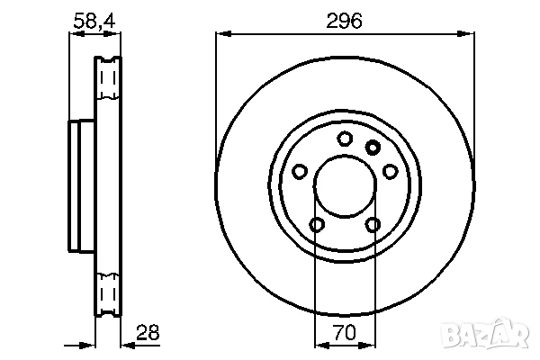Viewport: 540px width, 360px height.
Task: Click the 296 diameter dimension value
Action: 345,21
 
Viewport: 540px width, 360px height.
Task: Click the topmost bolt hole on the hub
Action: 344,139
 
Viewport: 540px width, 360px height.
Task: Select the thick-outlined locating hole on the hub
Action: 373,148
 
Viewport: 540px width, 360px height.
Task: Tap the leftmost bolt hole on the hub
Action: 299,170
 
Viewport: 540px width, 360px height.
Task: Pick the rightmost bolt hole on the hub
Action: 391,170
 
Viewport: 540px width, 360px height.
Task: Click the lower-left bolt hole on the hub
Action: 316,224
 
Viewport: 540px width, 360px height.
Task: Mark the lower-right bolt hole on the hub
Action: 373,224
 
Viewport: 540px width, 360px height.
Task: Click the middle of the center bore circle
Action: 345,187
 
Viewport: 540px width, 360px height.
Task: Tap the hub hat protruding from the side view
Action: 76,187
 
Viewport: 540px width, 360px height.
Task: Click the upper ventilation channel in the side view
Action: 107,85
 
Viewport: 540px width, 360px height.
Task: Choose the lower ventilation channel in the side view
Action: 107,291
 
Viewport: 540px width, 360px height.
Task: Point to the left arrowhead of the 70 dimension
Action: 318,344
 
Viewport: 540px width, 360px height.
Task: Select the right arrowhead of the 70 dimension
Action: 371,344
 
